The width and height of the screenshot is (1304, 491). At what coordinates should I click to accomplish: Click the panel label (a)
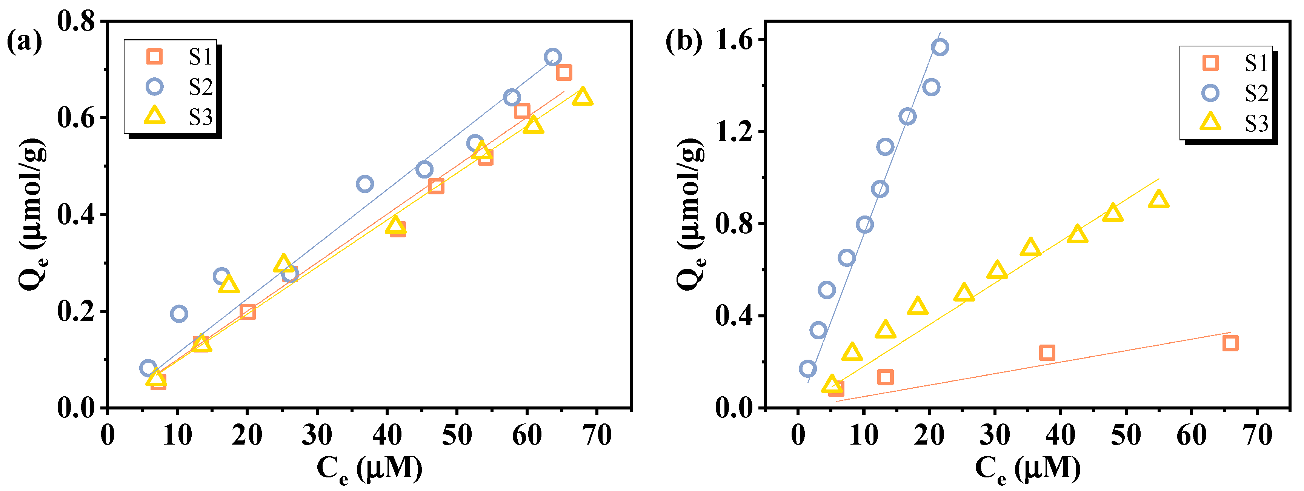(24, 42)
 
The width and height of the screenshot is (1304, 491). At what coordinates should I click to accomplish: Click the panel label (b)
(683, 42)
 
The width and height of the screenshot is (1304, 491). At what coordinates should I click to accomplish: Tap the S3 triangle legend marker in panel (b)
(1210, 122)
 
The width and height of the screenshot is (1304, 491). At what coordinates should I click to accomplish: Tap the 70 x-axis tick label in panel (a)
(597, 434)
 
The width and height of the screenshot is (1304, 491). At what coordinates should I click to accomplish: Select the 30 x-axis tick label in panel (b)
(995, 434)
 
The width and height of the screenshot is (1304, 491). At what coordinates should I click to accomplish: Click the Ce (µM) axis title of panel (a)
(369, 468)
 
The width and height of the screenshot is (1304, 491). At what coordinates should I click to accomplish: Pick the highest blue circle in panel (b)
(940, 48)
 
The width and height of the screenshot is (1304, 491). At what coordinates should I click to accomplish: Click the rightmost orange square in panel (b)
(1230, 343)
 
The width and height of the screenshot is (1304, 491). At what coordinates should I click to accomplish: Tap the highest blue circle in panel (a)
(552, 57)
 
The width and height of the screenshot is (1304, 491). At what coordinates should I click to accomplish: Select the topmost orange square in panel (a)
(564, 72)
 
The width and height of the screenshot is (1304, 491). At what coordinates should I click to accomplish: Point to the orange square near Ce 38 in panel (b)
(1047, 352)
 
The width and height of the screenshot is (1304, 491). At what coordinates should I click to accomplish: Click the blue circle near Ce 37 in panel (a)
(364, 184)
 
